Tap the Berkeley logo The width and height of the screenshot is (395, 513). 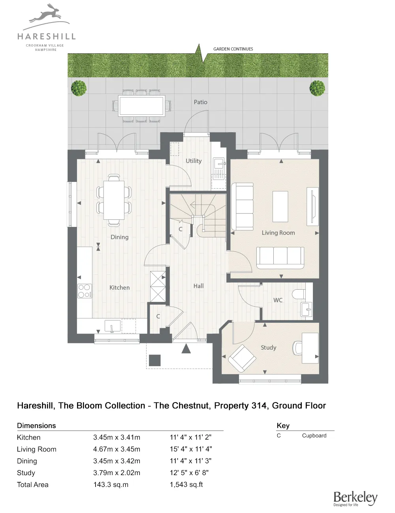click(355, 498)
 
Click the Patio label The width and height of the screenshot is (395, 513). click(200, 102)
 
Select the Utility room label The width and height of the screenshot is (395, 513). click(194, 161)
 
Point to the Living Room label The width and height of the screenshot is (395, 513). click(278, 233)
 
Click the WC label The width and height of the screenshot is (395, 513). click(278, 300)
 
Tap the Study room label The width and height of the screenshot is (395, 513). click(268, 348)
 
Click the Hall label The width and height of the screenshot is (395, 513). click(198, 286)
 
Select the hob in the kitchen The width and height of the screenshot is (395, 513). click(85, 291)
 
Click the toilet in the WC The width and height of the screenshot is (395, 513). click(299, 294)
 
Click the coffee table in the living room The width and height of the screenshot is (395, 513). click(280, 207)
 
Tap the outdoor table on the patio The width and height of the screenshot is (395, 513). click(142, 106)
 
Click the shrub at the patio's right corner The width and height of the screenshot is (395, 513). click(317, 88)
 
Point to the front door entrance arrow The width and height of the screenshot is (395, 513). click(186, 348)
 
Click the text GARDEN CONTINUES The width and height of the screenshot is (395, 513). click(233, 49)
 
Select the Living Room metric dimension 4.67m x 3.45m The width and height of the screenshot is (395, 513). click(117, 449)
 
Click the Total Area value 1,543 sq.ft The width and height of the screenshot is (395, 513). click(186, 485)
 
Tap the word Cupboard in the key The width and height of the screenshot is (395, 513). click(314, 436)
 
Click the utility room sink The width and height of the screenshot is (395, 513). click(218, 163)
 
